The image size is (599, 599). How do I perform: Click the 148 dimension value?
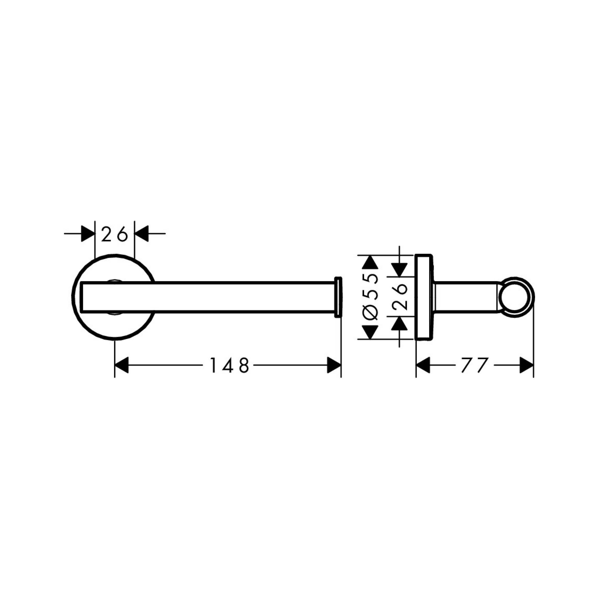coord(230,365)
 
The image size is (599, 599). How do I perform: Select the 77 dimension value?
coord(475,365)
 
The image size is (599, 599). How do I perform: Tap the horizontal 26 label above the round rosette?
coord(114,234)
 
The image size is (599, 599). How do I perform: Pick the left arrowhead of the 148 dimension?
coord(121,365)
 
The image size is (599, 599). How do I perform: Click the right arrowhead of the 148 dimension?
coord(334,365)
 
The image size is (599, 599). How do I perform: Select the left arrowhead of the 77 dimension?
coord(423,365)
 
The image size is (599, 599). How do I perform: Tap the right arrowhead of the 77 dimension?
coord(527,365)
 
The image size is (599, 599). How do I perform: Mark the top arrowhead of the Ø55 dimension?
coord(370,262)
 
